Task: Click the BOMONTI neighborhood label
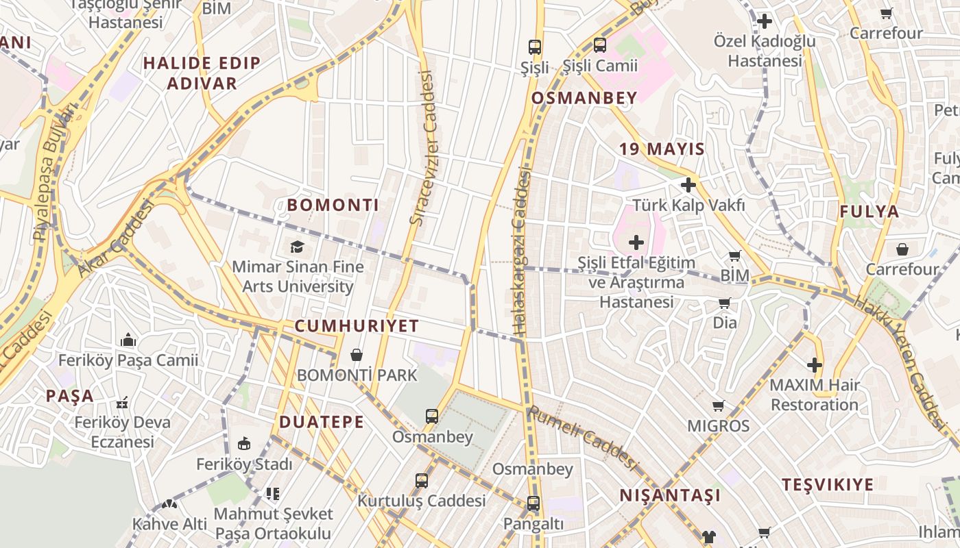[333, 205]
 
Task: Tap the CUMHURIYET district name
[357, 326]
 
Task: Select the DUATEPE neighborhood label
[322, 422]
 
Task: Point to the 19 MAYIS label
[662, 149]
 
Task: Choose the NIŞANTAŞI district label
[670, 495]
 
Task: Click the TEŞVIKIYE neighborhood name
[828, 485]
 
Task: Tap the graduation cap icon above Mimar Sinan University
[297, 247]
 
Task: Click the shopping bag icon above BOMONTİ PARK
[357, 355]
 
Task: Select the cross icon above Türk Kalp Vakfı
[688, 185]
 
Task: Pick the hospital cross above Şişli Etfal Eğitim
[636, 242]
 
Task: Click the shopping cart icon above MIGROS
[718, 406]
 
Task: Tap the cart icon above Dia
[724, 303]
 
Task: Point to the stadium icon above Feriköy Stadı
[243, 443]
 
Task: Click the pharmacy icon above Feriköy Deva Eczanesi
[123, 402]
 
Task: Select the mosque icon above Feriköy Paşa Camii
[128, 340]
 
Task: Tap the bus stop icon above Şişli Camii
[600, 45]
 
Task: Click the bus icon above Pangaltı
[533, 503]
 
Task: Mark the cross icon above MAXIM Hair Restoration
[815, 365]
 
